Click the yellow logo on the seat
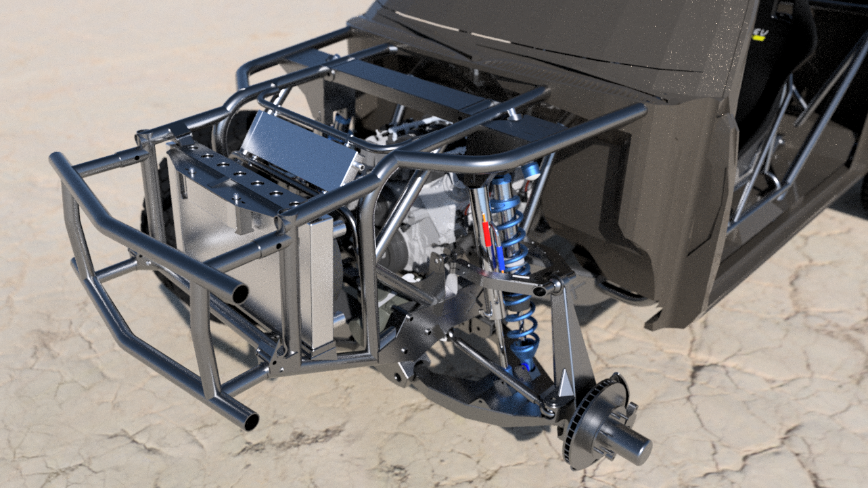[x=759, y=34]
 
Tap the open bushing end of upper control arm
[x=540, y=291]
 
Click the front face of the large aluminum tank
[x=216, y=250]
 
